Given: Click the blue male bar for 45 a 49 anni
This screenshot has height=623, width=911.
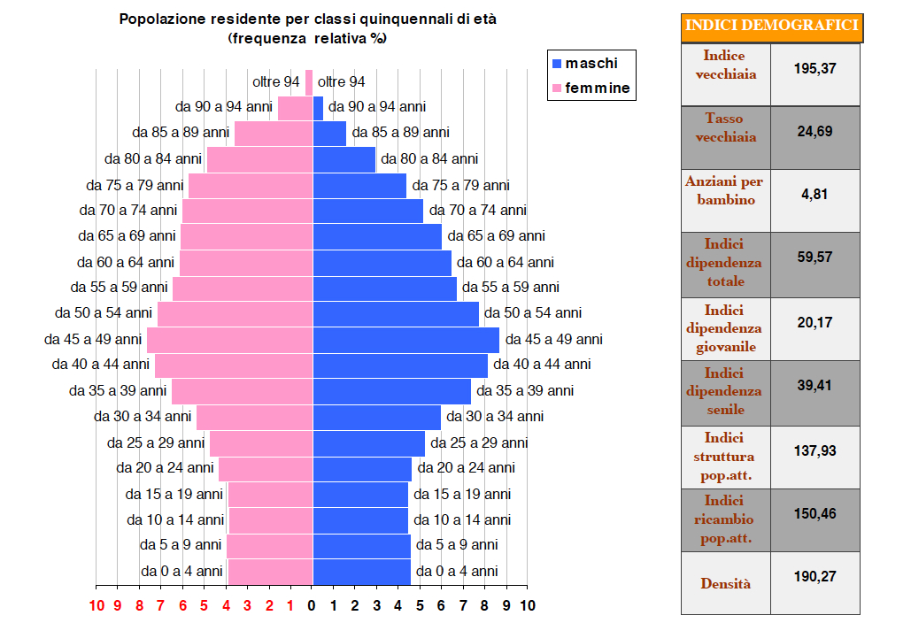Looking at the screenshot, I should [x=406, y=340].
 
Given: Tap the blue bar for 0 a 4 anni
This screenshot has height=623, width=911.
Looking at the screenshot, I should [x=362, y=572].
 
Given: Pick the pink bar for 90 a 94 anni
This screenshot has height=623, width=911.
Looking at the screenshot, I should [x=295, y=108].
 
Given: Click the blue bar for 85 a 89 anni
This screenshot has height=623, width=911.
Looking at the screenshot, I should [x=329, y=134].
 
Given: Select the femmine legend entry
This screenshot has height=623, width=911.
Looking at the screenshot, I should [x=591, y=88].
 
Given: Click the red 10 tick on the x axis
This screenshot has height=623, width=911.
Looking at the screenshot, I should [x=97, y=606].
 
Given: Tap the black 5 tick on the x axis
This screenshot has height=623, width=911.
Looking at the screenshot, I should [x=420, y=606].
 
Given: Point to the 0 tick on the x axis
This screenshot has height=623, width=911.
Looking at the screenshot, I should [x=312, y=606].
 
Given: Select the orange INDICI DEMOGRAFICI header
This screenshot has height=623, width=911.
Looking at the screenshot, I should [x=773, y=27].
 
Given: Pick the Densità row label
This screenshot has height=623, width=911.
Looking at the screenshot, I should [x=725, y=583].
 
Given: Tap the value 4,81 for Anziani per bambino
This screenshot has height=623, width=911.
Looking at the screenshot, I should [x=814, y=195].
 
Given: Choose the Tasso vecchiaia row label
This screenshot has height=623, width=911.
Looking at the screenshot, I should [x=725, y=127].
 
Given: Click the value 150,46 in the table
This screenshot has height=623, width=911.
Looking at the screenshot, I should [x=815, y=514].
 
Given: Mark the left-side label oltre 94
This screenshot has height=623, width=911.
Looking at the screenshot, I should [x=276, y=82].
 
